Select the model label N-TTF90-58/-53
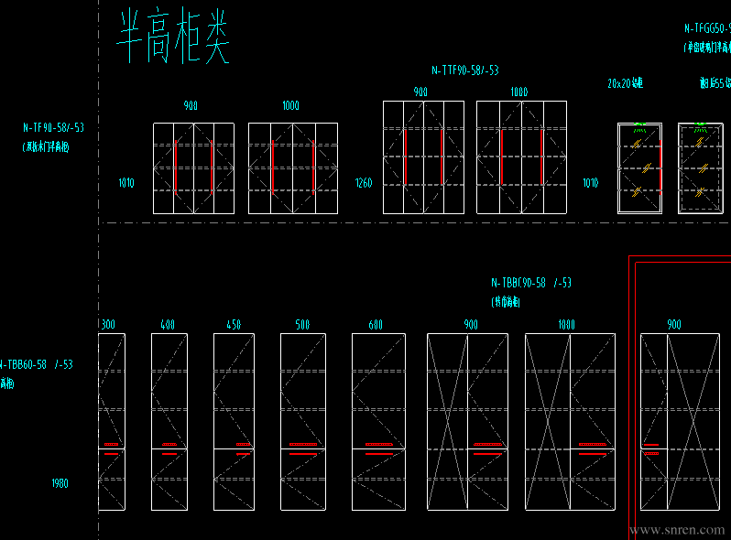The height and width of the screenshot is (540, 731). (x=464, y=70)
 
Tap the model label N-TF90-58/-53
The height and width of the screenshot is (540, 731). (x=60, y=128)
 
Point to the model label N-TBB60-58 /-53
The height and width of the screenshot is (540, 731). (x=37, y=364)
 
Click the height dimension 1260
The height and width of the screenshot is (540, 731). (x=364, y=183)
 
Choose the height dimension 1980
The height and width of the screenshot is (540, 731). (x=60, y=483)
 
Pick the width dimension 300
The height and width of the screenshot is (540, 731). (x=108, y=325)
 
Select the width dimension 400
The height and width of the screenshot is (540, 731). (x=167, y=325)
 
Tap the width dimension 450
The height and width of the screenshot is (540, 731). (x=233, y=325)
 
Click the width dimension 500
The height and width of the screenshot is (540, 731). (x=302, y=325)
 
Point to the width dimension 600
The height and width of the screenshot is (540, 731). (x=376, y=325)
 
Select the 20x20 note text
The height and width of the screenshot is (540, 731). (x=625, y=83)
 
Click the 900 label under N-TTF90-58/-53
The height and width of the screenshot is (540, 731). (x=420, y=92)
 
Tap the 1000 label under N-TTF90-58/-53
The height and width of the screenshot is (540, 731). (x=518, y=92)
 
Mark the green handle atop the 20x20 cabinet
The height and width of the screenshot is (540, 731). (x=640, y=124)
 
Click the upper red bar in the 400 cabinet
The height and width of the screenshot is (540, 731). (x=169, y=445)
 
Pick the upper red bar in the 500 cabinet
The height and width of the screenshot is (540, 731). (x=303, y=445)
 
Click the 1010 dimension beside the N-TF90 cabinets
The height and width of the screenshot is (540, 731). (x=125, y=183)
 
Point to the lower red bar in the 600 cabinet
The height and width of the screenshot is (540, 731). (x=378, y=453)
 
